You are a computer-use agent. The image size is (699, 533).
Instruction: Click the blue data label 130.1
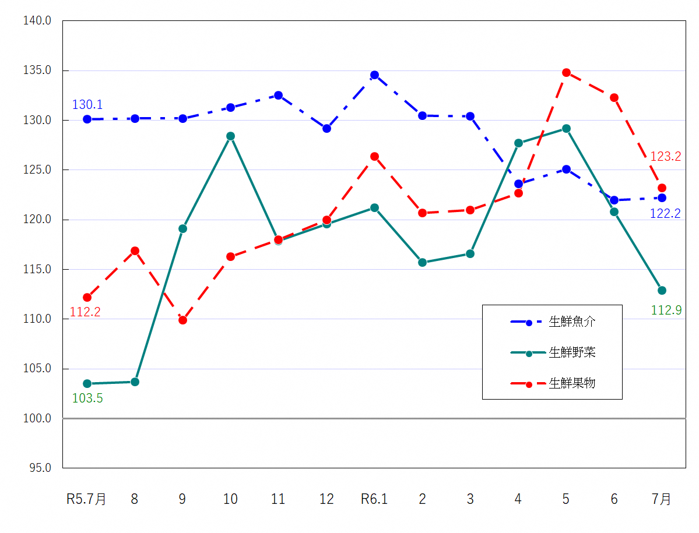[x=87, y=105]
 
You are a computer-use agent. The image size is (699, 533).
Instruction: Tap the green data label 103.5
[x=87, y=398]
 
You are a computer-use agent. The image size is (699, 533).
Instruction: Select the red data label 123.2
[x=666, y=157]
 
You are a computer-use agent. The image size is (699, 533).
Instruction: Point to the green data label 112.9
[x=666, y=310]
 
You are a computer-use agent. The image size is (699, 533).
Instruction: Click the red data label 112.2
[x=85, y=312]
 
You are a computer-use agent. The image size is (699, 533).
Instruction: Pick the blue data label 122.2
[x=665, y=214]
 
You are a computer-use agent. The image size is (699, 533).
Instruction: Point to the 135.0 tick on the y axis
[x=37, y=70]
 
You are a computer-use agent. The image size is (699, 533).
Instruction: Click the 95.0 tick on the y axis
[x=40, y=468]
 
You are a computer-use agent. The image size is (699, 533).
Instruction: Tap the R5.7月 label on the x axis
[x=86, y=499]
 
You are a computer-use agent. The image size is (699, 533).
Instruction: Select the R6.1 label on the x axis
[x=374, y=499]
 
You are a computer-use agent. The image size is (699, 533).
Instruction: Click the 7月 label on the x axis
[x=662, y=499]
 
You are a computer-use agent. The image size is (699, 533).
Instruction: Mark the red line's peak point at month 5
[x=566, y=72]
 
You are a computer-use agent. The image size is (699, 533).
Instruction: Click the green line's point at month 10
[x=230, y=136]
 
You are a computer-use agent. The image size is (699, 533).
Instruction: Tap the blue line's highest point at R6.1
[x=374, y=75]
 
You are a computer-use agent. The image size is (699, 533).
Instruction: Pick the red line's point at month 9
[x=182, y=320]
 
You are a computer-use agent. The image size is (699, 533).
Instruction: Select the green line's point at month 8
[x=135, y=382]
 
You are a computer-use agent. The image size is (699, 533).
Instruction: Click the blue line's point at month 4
[x=518, y=183]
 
